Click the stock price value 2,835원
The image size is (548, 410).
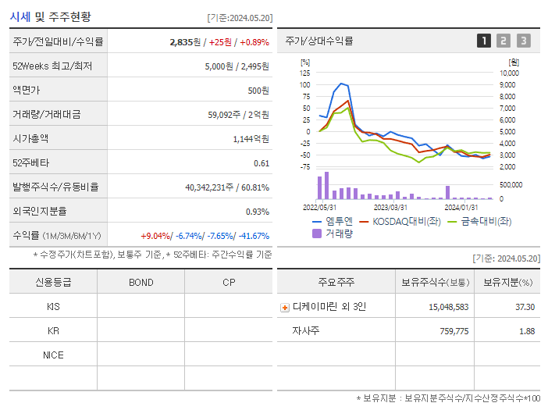point(184,41)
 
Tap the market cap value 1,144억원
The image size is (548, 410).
point(251,139)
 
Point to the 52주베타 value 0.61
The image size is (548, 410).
point(262,163)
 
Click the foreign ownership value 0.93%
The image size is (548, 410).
point(258,212)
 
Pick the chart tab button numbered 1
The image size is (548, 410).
point(484,41)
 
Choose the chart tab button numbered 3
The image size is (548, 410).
point(523,41)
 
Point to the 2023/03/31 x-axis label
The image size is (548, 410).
point(390,207)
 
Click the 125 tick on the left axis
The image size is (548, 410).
point(304,73)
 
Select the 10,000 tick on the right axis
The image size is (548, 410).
point(508,73)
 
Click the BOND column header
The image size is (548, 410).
point(141,283)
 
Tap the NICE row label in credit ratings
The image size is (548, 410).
point(53,355)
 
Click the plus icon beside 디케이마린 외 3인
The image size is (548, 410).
point(285,308)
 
